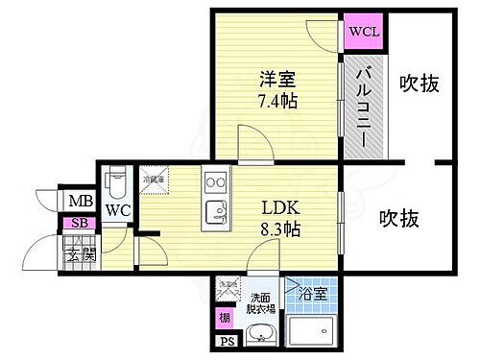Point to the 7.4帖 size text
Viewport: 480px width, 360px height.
(x=276, y=101)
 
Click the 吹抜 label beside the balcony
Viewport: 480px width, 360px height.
(x=420, y=84)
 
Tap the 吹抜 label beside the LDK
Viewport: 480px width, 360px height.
(x=397, y=218)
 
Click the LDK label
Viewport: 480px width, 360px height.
(x=280, y=206)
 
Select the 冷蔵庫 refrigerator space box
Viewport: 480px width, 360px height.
(x=154, y=180)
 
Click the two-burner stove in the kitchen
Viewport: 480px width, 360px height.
(x=214, y=181)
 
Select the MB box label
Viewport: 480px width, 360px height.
(x=75, y=202)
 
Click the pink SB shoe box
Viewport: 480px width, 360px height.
(x=74, y=224)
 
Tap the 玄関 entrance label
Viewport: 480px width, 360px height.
(x=75, y=254)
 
